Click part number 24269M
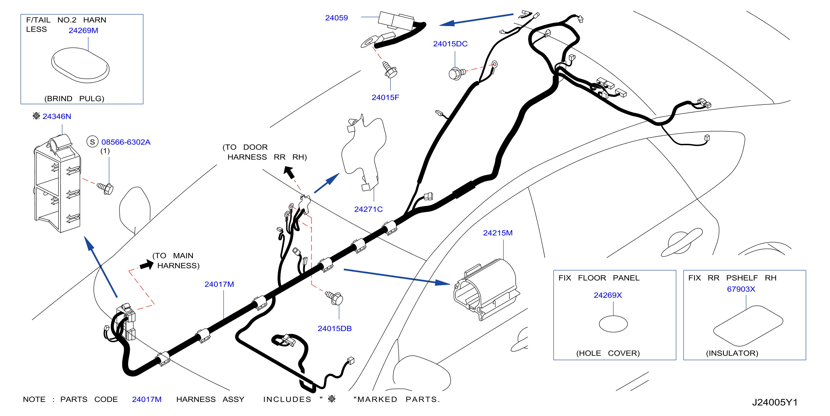click(x=83, y=30)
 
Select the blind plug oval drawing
click(x=80, y=65)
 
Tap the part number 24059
click(x=336, y=18)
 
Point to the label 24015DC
click(x=450, y=44)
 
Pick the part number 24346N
click(x=57, y=116)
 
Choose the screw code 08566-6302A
click(x=126, y=142)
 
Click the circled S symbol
click(x=93, y=142)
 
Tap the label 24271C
click(x=368, y=209)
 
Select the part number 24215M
click(x=498, y=233)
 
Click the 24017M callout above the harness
click(x=219, y=284)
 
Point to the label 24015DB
click(x=334, y=329)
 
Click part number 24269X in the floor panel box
click(x=608, y=295)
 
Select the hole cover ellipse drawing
click(x=613, y=324)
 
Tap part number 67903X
click(x=741, y=289)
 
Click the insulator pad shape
click(x=748, y=326)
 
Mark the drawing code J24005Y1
click(x=774, y=403)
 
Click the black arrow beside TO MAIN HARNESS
click(x=147, y=265)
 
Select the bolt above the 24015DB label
click(x=334, y=298)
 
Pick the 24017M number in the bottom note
click(x=147, y=399)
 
